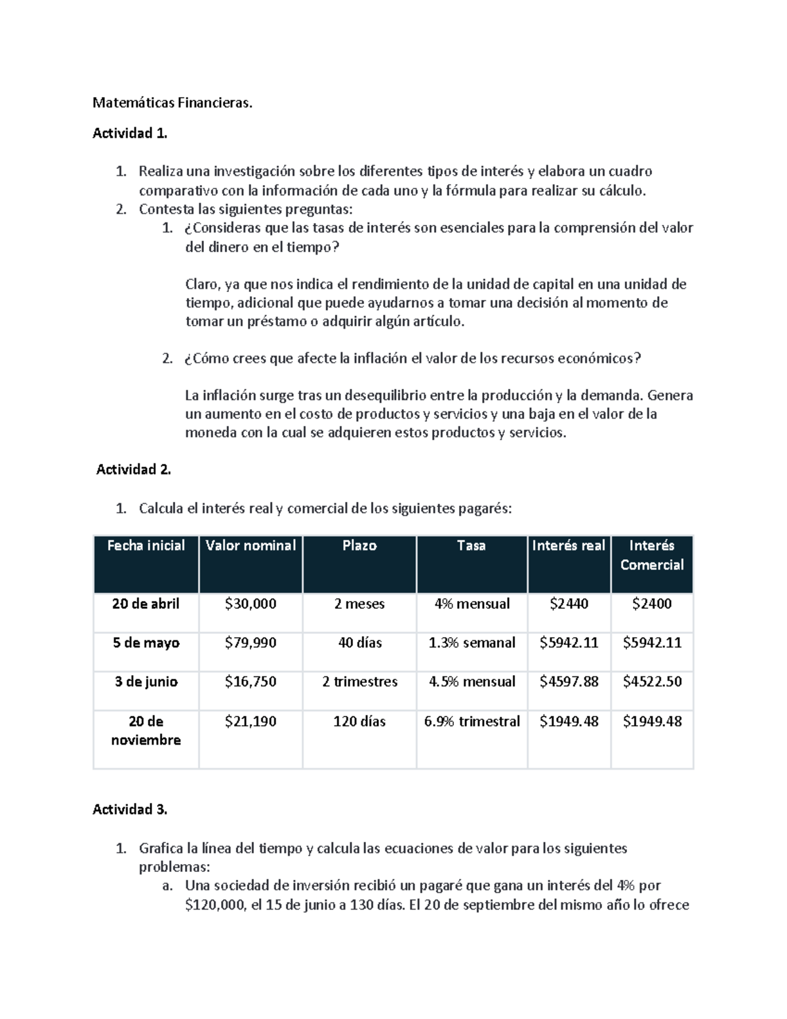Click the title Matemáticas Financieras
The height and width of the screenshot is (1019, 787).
pyautogui.click(x=172, y=103)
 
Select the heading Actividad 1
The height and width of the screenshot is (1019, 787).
pyautogui.click(x=130, y=134)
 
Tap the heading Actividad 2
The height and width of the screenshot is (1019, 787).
pyautogui.click(x=133, y=470)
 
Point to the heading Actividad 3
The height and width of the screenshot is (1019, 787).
pyautogui.click(x=130, y=810)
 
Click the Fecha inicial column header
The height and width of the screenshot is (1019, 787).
pyautogui.click(x=146, y=546)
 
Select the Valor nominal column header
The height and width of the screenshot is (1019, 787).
pyautogui.click(x=251, y=546)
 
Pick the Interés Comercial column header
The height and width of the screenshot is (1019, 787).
pyautogui.click(x=651, y=555)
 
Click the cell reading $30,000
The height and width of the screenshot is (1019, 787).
pyautogui.click(x=251, y=604)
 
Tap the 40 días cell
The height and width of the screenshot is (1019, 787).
pyautogui.click(x=359, y=643)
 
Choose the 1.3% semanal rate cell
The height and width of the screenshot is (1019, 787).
pyautogui.click(x=472, y=643)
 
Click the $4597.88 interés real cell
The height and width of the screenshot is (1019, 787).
pyautogui.click(x=569, y=682)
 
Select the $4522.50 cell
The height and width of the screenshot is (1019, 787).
pyautogui.click(x=652, y=682)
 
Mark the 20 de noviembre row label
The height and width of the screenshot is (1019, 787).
pyautogui.click(x=146, y=730)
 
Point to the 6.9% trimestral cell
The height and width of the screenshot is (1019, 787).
pyautogui.click(x=472, y=722)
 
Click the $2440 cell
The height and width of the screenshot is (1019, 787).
pyautogui.click(x=569, y=604)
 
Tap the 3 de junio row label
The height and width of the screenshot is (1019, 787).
pyautogui.click(x=146, y=682)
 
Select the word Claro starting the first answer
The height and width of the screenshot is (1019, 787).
pyautogui.click(x=201, y=285)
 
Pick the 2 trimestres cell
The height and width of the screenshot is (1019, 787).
pyautogui.click(x=359, y=682)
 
